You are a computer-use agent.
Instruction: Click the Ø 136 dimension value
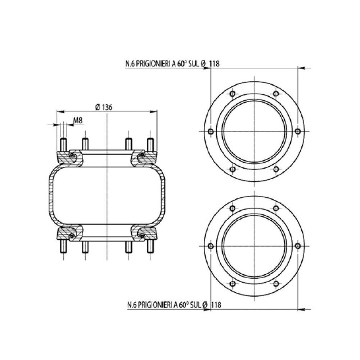104,107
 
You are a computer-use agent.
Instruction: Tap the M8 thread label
78,120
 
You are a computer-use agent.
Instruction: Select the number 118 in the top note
215,63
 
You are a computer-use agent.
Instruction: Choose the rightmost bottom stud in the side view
150,248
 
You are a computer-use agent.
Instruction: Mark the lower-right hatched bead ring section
146,234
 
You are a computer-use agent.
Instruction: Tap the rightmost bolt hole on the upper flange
297,131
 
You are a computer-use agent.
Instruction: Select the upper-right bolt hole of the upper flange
276,94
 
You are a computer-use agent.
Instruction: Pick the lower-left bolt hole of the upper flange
233,169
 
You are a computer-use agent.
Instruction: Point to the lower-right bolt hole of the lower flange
276,283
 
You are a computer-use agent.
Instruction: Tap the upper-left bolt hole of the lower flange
233,208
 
